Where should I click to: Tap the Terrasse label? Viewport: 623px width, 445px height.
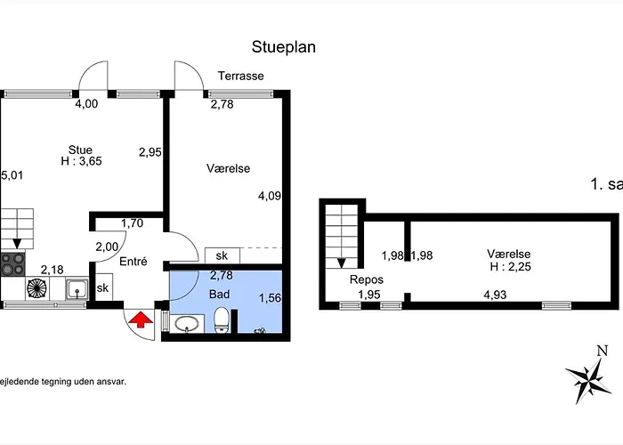(x=241, y=77)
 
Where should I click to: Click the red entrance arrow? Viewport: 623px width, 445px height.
(x=139, y=320)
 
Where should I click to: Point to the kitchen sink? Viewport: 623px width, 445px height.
(x=77, y=287)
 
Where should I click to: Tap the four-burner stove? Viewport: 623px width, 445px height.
(x=12, y=264)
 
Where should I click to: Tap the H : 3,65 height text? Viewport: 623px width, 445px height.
(x=80, y=162)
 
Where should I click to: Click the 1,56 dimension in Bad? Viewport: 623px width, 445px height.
(x=270, y=299)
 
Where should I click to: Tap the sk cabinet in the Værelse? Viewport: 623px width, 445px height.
(x=221, y=255)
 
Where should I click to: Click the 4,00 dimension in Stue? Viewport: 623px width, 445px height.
(x=86, y=104)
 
